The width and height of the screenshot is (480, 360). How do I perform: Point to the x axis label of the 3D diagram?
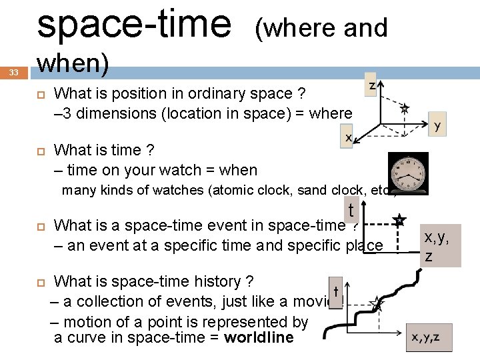[348, 137]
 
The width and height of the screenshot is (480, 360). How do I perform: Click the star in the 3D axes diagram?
[403, 108]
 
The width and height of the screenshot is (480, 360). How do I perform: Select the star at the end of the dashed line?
[399, 220]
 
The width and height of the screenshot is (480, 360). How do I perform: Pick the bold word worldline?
[259, 337]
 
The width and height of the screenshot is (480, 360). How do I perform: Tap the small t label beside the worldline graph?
[337, 291]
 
